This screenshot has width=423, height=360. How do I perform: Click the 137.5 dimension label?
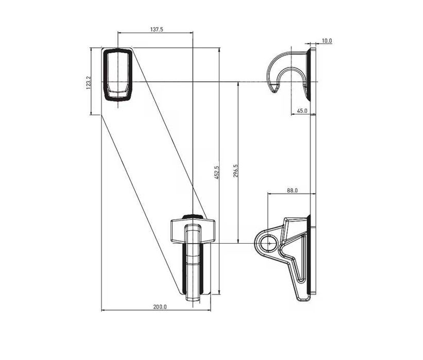[x=157, y=29]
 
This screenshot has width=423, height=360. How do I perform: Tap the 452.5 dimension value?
[x=217, y=173]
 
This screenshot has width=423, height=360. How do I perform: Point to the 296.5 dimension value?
[x=235, y=171]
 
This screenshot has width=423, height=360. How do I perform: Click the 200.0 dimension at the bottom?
[x=160, y=307]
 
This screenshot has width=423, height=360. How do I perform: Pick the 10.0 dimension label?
[x=327, y=41]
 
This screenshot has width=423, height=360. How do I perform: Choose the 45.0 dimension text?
[x=302, y=111]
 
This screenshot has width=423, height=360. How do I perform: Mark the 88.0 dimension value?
[x=293, y=191]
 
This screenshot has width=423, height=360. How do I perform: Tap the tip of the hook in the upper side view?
[x=274, y=91]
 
